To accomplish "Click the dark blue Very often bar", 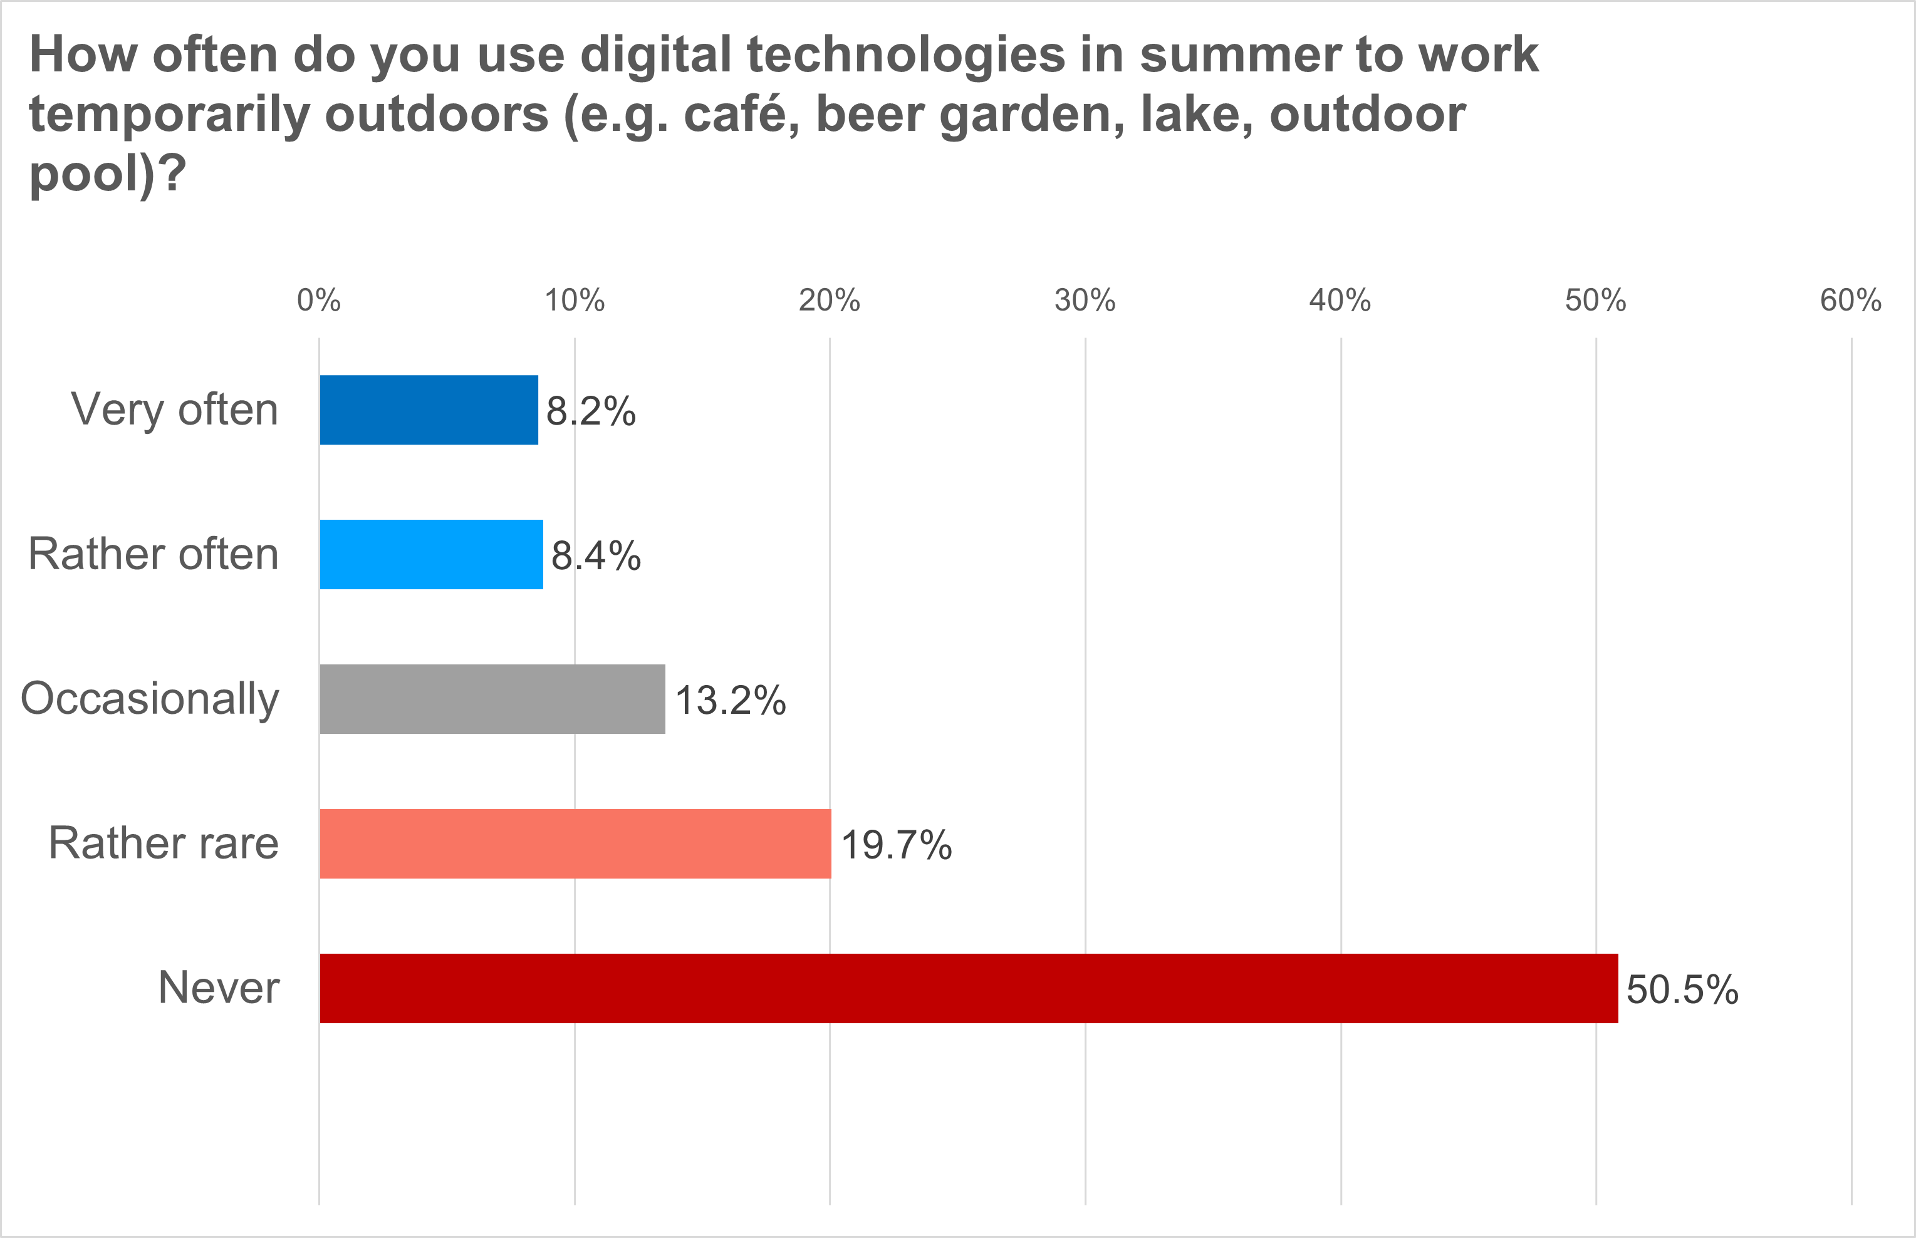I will (429, 410).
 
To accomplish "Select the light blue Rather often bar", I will (431, 555).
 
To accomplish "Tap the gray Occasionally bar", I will (492, 699).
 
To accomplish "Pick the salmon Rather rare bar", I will (575, 844).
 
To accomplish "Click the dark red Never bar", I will (969, 989).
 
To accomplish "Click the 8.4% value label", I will (596, 556).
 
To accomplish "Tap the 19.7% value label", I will (896, 846).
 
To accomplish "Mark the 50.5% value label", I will (1682, 991).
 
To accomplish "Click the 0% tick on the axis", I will (318, 301).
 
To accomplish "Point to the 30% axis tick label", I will (1085, 301).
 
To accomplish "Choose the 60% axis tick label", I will (1851, 301).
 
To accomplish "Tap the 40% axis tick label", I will (1340, 301).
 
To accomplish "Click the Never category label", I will (219, 988).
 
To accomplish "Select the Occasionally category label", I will (150, 699).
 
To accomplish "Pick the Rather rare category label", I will (164, 843).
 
